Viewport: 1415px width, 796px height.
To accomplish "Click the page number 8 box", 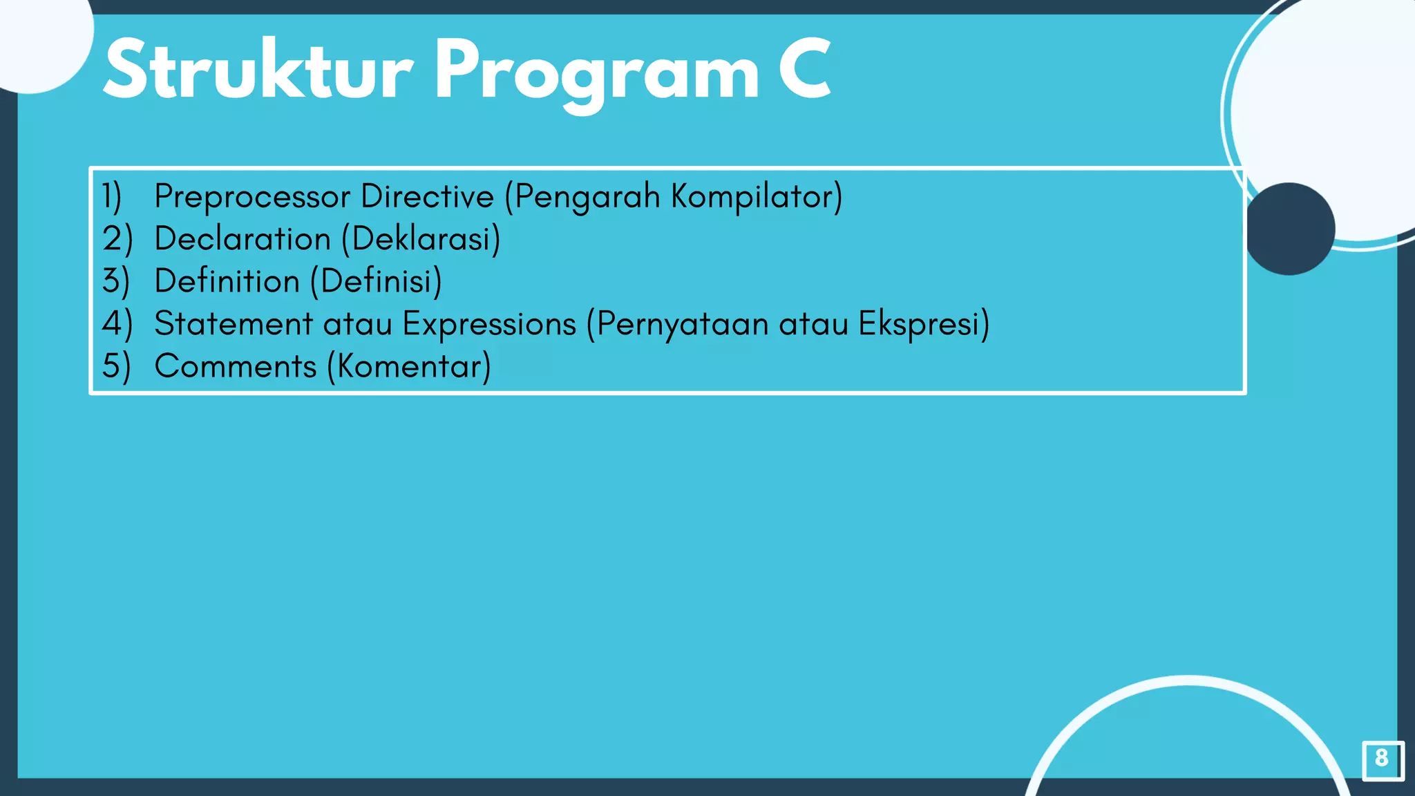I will [x=1382, y=759].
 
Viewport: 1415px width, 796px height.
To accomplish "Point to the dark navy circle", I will [x=1289, y=229].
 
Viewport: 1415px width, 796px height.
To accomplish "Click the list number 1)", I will [x=112, y=196].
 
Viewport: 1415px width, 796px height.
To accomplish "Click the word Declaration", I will [x=243, y=239].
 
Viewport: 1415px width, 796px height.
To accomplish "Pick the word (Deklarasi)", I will [x=421, y=239].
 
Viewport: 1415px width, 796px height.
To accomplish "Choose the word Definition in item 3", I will [x=227, y=281].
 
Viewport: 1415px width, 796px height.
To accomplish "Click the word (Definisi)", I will [x=376, y=281].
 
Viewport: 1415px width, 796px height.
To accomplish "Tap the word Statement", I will [x=234, y=324].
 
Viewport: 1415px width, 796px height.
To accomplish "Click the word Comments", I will [x=235, y=366].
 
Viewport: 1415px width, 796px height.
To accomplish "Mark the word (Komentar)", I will [x=409, y=366].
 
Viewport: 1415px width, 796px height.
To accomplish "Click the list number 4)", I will [x=116, y=324].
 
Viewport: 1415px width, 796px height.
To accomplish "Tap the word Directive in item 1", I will [x=427, y=196].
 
